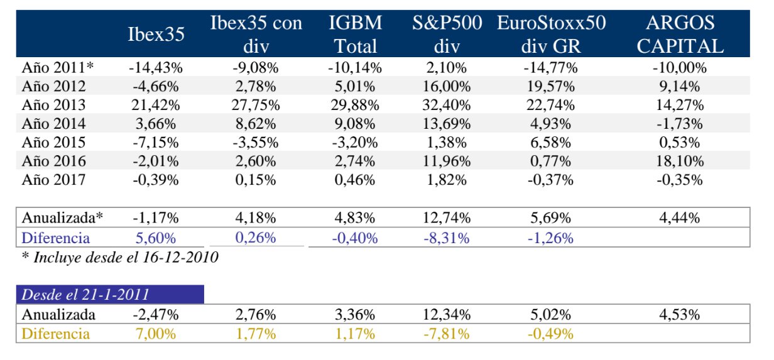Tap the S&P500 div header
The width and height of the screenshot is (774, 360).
(447, 35)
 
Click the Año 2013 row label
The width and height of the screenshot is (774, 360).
(53, 105)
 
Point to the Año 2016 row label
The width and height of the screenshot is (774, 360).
(53, 161)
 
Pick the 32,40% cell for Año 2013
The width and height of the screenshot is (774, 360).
(443, 105)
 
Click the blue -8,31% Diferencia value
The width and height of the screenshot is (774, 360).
(443, 238)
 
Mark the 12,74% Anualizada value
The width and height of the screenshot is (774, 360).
(443, 219)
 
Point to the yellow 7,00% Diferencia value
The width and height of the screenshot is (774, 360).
(155, 334)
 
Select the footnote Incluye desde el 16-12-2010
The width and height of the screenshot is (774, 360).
(120, 257)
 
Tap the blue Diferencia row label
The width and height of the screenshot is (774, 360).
(56, 238)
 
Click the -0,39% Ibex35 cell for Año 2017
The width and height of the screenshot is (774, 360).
(155, 180)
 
